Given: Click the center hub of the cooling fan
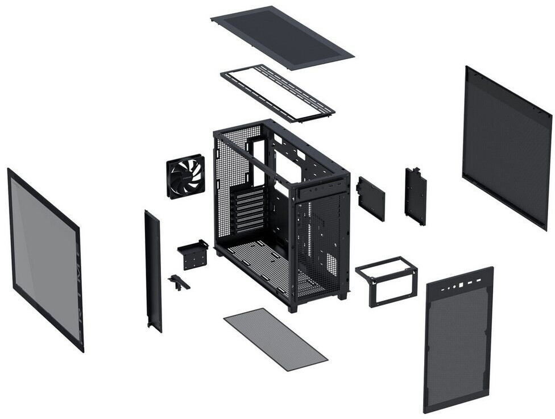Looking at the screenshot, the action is [x=185, y=176].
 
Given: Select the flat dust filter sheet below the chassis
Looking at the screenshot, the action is [x=275, y=339].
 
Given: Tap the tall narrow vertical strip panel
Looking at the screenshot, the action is [x=153, y=271].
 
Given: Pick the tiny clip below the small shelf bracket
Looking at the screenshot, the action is [x=178, y=282].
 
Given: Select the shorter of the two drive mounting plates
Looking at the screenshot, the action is [x=370, y=198].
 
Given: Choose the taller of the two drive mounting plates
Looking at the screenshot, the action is [x=415, y=196].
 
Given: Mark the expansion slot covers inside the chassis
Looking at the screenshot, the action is [x=250, y=209].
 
